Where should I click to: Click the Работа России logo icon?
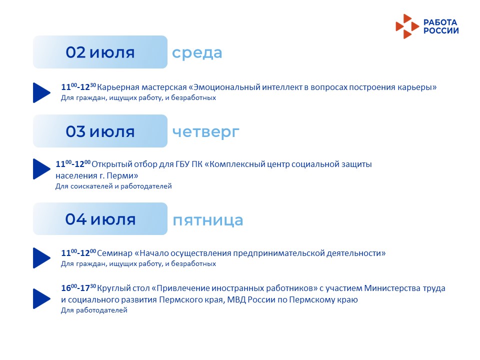[x=407, y=26]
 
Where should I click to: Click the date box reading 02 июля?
[x=100, y=52]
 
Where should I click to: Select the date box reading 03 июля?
[x=100, y=131]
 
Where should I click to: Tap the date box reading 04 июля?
[x=100, y=219]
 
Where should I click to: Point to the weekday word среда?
[x=197, y=53]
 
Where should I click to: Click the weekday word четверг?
[x=205, y=132]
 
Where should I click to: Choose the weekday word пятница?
[x=208, y=220]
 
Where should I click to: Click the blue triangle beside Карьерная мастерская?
[x=41, y=92]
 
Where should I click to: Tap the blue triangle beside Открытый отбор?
[x=41, y=168]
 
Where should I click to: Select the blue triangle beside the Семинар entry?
[x=41, y=258]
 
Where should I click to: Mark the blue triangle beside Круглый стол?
[x=41, y=298]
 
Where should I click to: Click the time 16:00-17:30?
[x=78, y=288]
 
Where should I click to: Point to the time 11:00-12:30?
[x=78, y=87]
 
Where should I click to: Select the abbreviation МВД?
[x=236, y=299]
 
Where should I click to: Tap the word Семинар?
[x=115, y=253]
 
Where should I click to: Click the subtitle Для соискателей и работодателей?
[x=113, y=186]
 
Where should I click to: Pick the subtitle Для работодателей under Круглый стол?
[x=94, y=310]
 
